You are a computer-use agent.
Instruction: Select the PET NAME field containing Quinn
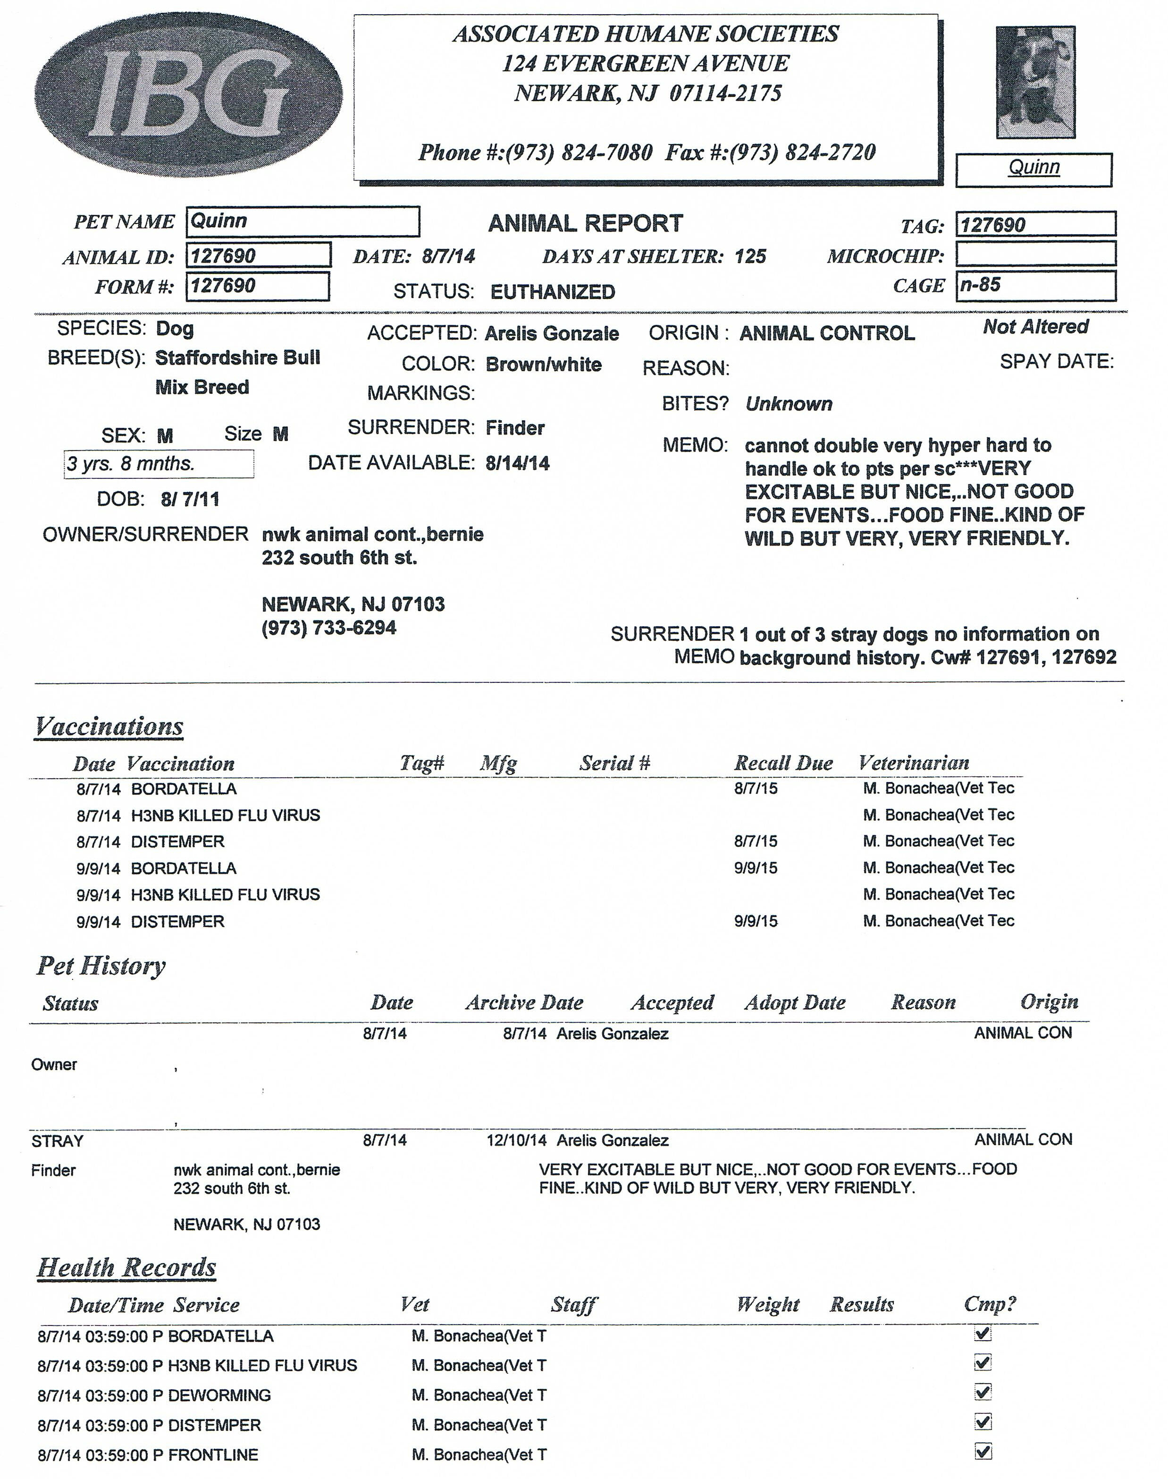[x=302, y=221]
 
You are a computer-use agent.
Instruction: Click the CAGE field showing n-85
[x=1035, y=285]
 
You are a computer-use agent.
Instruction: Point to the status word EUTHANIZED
[x=553, y=292]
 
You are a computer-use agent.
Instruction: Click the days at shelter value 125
[x=750, y=256]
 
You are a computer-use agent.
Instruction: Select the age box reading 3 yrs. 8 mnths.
[x=159, y=464]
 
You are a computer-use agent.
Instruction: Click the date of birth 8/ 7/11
[x=190, y=500]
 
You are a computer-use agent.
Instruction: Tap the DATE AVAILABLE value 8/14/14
[x=517, y=464]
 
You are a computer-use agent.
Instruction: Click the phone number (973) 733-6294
[x=328, y=628]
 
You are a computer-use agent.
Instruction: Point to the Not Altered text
[x=1035, y=327]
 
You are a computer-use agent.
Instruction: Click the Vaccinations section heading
[x=109, y=726]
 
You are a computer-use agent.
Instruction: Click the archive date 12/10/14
[x=516, y=1140]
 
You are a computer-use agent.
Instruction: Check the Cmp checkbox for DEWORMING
[x=983, y=1392]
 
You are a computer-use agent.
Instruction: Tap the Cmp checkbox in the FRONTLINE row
[x=983, y=1452]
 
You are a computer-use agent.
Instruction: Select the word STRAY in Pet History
[x=58, y=1141]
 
